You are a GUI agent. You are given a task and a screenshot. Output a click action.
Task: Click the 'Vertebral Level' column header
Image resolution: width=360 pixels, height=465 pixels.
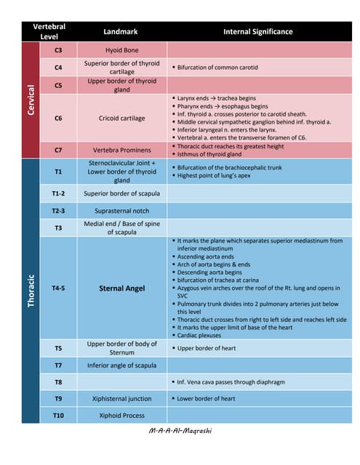coord(49,31)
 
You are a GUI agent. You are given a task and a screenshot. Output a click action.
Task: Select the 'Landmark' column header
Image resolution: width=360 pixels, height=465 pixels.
coord(121,32)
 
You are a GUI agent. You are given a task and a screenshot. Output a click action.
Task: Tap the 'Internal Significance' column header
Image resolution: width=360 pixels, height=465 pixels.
coord(258,32)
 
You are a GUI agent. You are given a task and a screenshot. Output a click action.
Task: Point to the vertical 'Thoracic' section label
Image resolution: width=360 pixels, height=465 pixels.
coord(31,290)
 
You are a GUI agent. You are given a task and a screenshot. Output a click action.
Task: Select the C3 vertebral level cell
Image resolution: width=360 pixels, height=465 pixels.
coord(58,50)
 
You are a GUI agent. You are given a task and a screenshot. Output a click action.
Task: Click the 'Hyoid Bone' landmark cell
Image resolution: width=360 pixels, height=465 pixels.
coord(121,50)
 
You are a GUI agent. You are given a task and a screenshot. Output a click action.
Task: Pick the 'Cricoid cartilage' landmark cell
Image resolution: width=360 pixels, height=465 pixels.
coord(121,118)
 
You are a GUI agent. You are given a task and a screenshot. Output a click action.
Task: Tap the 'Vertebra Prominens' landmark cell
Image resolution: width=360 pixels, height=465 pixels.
coord(121,150)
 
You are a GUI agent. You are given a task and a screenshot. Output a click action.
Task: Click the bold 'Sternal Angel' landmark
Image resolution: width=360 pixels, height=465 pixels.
coord(121,288)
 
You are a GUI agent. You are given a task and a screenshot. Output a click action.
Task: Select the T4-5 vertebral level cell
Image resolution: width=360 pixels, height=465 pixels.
coord(58,288)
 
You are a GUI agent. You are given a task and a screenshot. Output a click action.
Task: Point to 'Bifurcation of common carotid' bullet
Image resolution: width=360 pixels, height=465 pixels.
coord(217,68)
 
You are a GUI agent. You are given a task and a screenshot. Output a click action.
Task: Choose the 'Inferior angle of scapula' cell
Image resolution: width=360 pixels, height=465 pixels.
coord(121,365)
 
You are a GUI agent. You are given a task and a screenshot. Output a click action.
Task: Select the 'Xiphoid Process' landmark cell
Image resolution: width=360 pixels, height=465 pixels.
coord(121,416)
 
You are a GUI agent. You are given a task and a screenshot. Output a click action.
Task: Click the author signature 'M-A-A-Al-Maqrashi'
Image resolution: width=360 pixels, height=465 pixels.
coord(180,431)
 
